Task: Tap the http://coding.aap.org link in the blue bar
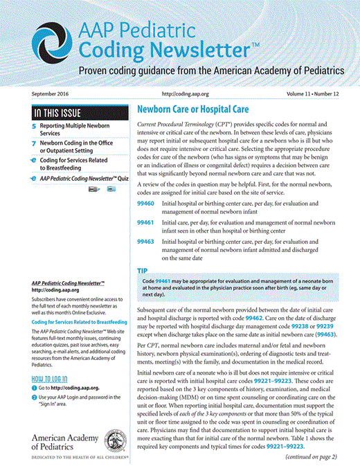tap(181, 93)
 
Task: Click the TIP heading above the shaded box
tap(142, 271)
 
